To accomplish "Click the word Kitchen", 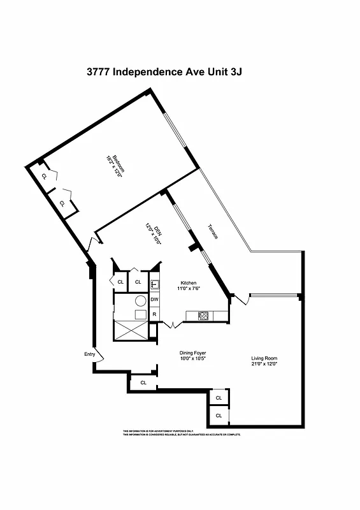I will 188,282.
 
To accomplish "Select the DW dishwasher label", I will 154,300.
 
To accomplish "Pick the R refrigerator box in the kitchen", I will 154,314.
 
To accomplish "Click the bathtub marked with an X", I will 131,330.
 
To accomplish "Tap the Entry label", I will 90,354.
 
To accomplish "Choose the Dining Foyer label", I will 192,353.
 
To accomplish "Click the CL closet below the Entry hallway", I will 143,382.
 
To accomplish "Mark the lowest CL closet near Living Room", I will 219,415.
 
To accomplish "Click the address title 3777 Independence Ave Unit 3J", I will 164,72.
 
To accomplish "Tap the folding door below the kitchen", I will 172,325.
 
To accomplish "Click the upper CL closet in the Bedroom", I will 44,176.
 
